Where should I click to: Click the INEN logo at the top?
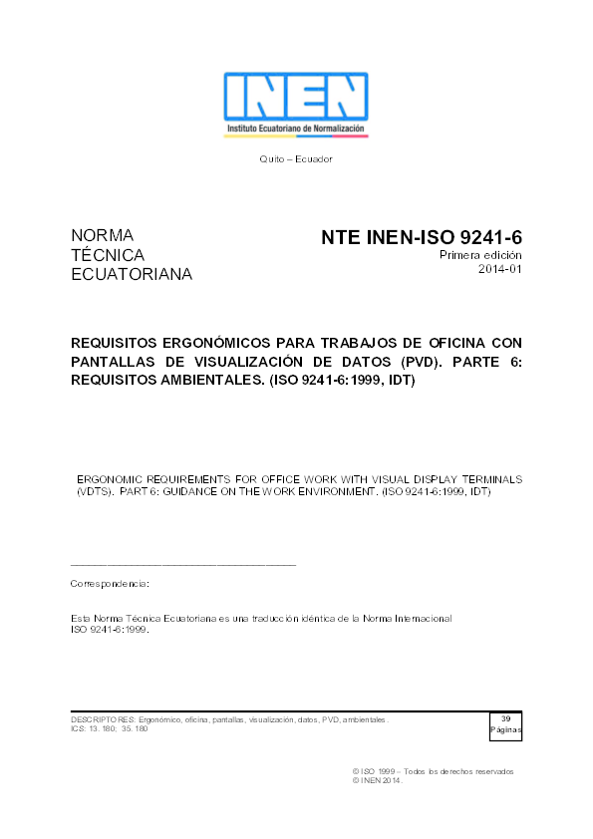click(296, 104)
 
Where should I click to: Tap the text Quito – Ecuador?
click(296, 159)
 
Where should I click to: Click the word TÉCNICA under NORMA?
click(108, 255)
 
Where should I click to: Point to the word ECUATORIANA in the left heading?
click(132, 274)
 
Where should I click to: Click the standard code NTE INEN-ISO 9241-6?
click(422, 238)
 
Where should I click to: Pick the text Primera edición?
click(481, 256)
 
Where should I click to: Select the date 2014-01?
click(500, 270)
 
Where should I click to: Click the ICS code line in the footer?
click(109, 729)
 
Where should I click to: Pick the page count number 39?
click(505, 719)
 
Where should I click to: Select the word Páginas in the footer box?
click(505, 730)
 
